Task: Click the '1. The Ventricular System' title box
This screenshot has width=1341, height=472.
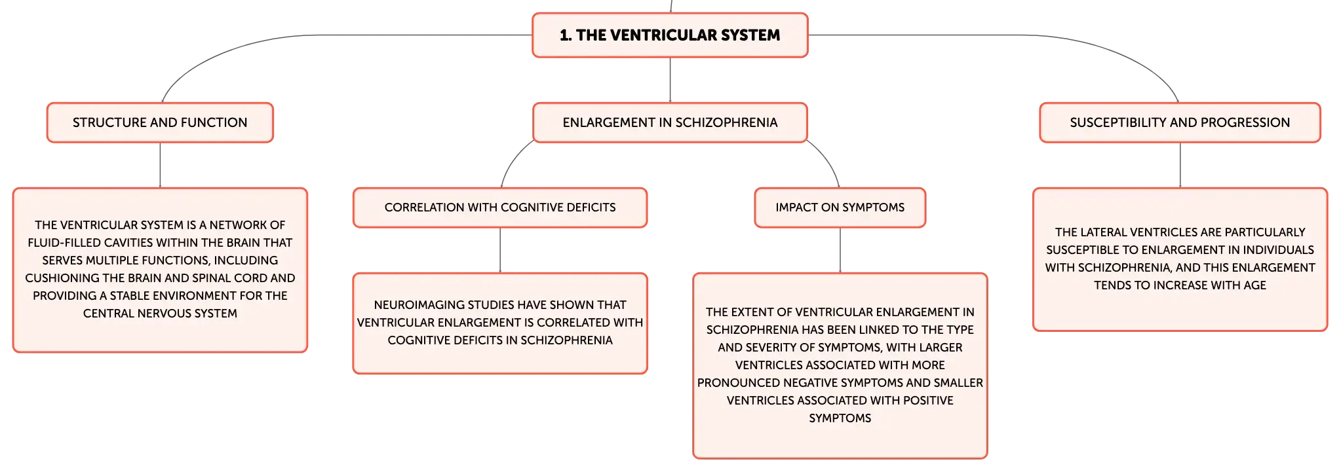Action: click(670, 35)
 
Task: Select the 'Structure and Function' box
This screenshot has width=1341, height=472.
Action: click(160, 122)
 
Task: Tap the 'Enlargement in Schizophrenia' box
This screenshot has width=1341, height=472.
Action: click(670, 122)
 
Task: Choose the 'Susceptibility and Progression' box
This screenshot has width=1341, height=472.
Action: click(1180, 122)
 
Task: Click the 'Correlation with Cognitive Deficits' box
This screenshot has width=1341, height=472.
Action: click(500, 208)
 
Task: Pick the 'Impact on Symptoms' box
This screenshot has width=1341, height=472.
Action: click(840, 208)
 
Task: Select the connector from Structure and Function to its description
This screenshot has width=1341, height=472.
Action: click(160, 165)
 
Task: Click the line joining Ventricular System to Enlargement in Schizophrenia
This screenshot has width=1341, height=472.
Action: click(670, 80)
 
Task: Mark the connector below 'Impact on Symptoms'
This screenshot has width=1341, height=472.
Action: click(840, 251)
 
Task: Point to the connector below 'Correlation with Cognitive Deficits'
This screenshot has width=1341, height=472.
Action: click(500, 251)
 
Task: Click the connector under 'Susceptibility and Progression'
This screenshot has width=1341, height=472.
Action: click(1180, 165)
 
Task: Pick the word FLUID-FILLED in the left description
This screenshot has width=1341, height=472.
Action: click(64, 243)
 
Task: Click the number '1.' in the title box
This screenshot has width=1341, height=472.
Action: click(566, 35)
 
